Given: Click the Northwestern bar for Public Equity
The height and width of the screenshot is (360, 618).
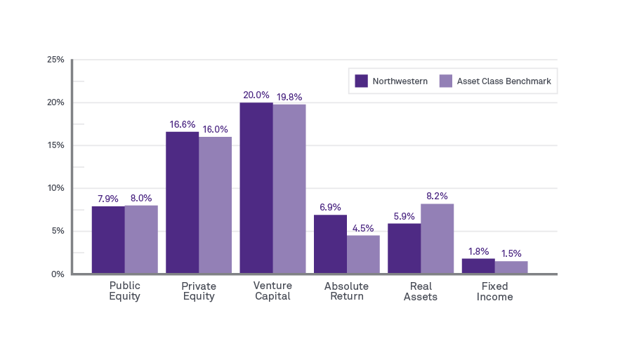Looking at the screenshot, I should point(108,240).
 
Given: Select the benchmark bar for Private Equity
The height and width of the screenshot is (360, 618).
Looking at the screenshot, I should point(215,205).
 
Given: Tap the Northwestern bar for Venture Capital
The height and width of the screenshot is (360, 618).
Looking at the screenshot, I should point(256,188).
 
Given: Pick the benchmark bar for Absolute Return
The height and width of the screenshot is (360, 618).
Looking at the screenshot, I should point(363,254).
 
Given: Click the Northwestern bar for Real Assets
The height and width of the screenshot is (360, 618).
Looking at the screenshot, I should point(404,248).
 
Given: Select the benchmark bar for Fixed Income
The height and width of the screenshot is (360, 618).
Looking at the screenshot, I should point(511,267).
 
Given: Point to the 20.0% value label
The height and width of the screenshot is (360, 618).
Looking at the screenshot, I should point(256,95).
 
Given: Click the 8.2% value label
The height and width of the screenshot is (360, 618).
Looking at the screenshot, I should point(437,196).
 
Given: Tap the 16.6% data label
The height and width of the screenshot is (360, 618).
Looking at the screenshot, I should point(182,124).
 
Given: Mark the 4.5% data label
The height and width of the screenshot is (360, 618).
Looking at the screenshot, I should point(363,228).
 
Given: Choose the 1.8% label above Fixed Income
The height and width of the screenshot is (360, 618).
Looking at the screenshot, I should point(478,251).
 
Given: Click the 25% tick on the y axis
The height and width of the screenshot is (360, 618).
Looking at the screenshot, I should point(55,60).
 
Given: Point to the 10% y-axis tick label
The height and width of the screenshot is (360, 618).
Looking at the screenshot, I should point(55,188).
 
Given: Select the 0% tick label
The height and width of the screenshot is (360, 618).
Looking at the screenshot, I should point(58,274).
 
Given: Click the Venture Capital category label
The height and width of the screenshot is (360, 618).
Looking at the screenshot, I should point(272,291).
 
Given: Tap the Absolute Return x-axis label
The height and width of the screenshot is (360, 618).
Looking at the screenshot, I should point(347,291).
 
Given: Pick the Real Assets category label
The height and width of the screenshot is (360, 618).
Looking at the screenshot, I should point(421,291).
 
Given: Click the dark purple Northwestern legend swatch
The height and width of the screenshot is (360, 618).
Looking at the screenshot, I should point(362,81).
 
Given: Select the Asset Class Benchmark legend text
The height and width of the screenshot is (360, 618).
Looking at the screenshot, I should point(504,81).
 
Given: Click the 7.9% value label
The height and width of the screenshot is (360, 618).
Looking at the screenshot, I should point(108,199).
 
